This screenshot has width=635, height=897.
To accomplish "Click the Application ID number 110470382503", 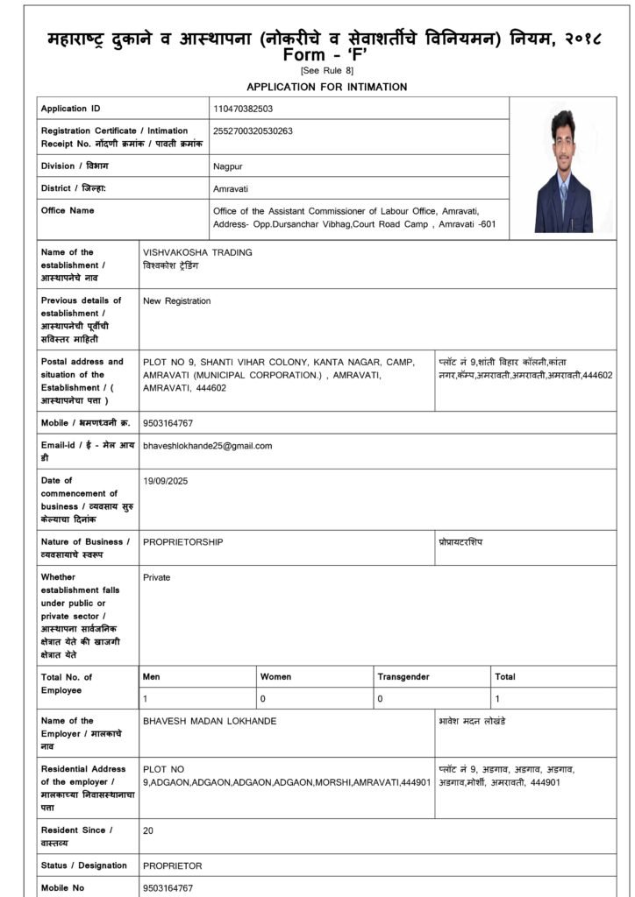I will pos(243,109).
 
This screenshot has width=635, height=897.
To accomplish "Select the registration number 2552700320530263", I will pos(253,131).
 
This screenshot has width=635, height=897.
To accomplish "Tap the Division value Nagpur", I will pos(228,166).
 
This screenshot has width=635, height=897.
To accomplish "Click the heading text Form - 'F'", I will pos(317,55).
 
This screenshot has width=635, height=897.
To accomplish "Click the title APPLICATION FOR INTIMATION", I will pos(326,87).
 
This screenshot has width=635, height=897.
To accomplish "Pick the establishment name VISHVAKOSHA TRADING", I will pos(197,252).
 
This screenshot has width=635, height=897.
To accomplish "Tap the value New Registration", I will pos(176,301).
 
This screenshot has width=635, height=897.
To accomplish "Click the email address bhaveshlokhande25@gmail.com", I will pos(207,446).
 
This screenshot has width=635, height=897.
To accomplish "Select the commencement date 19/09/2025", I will pos(165,481).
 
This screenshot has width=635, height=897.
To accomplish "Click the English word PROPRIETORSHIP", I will pos(182,542).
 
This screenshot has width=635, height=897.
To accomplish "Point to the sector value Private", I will pos(156,577).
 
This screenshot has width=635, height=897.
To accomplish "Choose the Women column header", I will pos(275,677).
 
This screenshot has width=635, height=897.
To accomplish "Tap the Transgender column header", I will pos(403,677).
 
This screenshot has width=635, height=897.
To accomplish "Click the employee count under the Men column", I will pos(146,698).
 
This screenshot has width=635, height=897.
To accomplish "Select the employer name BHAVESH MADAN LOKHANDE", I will pos(210,721).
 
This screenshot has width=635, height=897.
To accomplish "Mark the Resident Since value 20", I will pos(148,830).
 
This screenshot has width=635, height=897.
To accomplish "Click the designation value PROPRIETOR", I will pos(172,865).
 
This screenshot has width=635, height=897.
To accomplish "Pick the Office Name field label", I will pos(68,210).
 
